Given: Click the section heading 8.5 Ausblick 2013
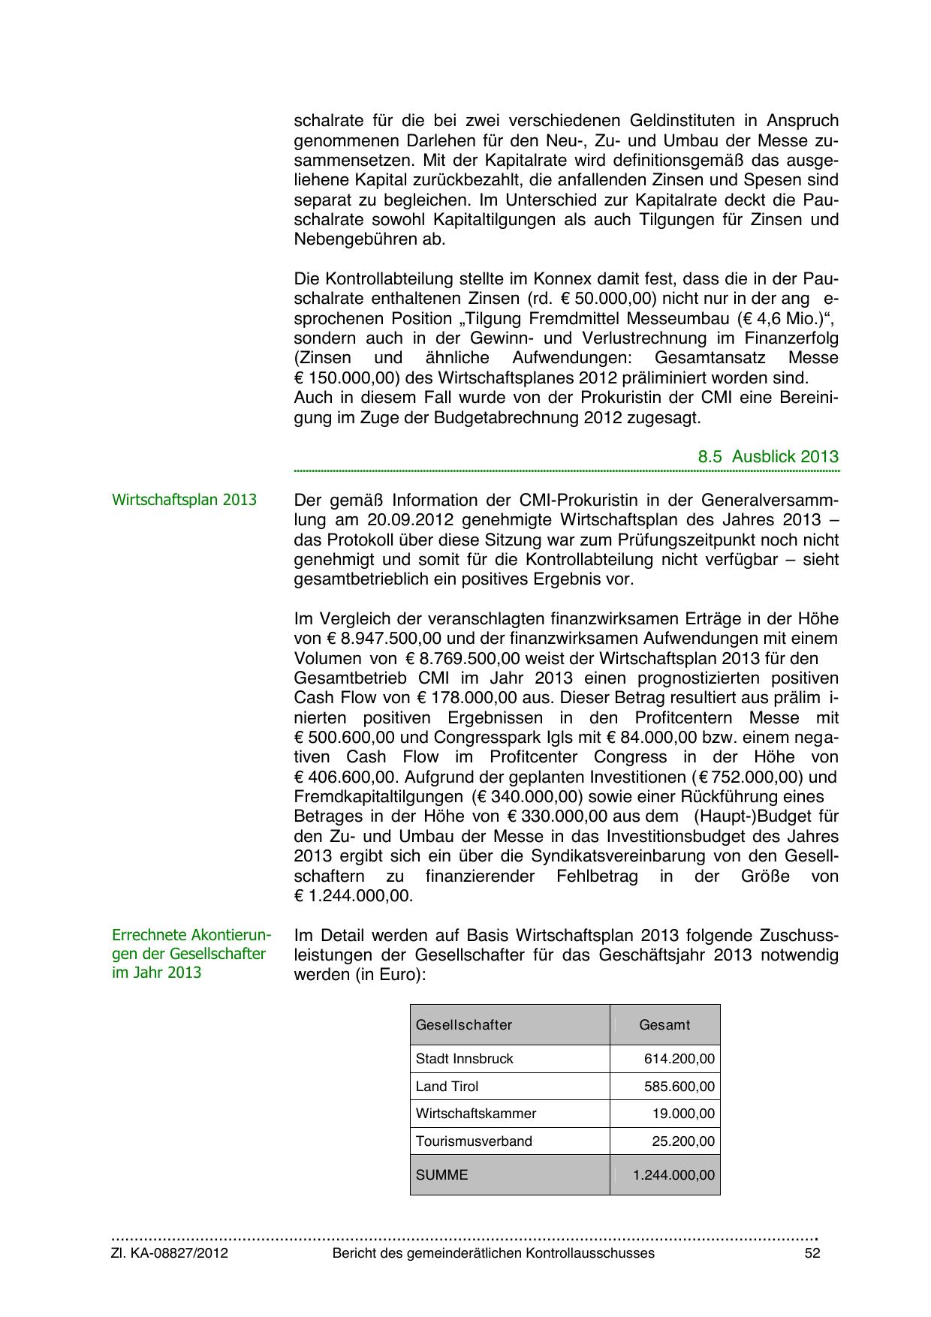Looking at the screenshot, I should click(767, 456).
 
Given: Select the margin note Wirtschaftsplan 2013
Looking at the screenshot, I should click(184, 500).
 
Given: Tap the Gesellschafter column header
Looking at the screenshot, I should click(464, 1024).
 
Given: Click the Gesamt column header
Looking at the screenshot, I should click(664, 1024).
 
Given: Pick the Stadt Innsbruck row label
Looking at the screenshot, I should click(465, 1059).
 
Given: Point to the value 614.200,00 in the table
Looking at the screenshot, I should click(679, 1059).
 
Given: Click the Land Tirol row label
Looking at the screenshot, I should click(447, 1087).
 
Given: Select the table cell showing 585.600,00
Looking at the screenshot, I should click(679, 1087).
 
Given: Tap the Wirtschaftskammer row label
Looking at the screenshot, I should click(476, 1114).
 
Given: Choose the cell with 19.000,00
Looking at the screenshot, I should click(683, 1114).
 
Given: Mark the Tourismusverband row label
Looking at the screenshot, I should click(474, 1141).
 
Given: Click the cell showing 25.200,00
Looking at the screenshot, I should click(683, 1141).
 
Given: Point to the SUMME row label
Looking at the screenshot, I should click(441, 1174).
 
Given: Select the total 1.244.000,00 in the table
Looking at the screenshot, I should click(673, 1174).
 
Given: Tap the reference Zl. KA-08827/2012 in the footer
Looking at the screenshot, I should click(170, 1253).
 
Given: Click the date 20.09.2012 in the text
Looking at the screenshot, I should click(410, 520).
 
